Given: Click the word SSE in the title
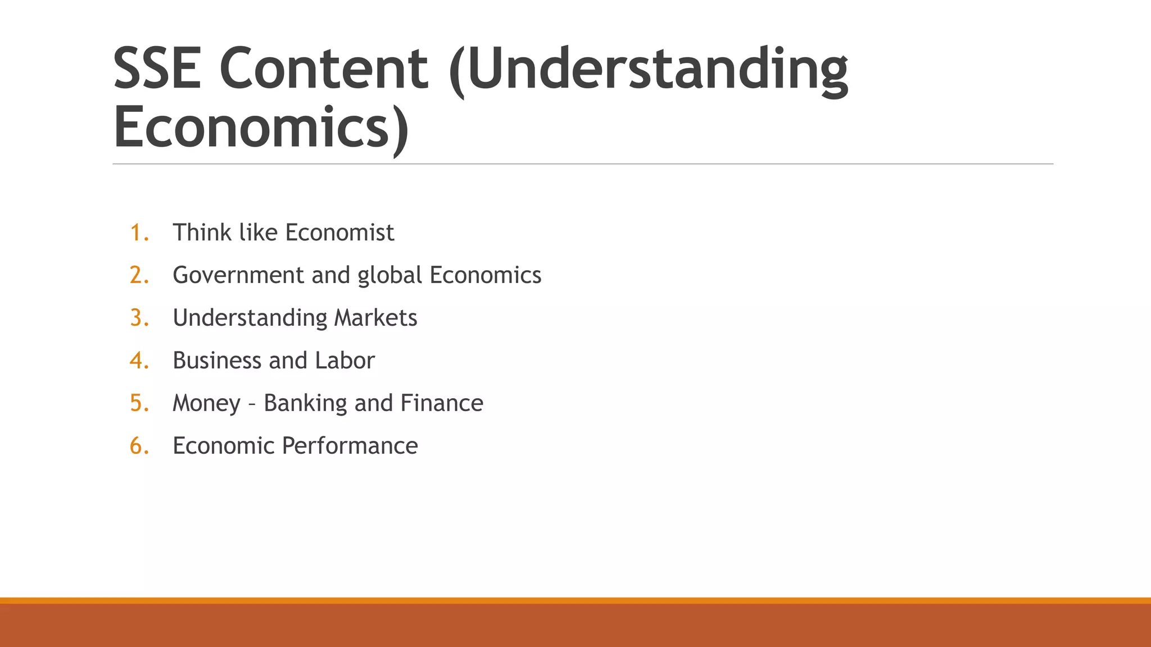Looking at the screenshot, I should [157, 69].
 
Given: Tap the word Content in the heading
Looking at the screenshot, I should [324, 69].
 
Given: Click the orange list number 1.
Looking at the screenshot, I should [138, 233].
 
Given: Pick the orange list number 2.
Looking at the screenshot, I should [139, 275].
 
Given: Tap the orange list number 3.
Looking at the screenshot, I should [139, 318].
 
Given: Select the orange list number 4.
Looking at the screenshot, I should [139, 361].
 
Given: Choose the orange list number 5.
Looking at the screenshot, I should [139, 403].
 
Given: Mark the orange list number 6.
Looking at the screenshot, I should [139, 446].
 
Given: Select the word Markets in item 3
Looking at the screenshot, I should [375, 318].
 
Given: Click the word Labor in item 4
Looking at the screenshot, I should [345, 361].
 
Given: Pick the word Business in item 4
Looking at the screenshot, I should [217, 361].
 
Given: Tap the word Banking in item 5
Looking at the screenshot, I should [305, 403].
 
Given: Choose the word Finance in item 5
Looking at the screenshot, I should [442, 403].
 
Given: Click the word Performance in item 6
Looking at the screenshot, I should [350, 446].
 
